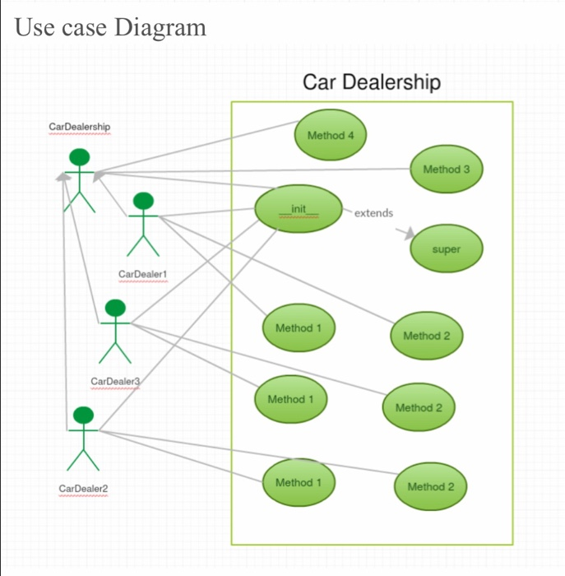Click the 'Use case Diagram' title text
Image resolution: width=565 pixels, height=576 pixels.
(110, 27)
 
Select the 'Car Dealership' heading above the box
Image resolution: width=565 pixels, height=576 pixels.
(371, 82)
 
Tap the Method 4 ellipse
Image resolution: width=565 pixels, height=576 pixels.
(330, 135)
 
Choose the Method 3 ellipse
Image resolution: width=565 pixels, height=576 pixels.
(446, 170)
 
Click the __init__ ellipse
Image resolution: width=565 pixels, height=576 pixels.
(298, 209)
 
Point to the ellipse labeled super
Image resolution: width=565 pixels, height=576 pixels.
(446, 249)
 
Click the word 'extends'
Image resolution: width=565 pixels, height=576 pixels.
(373, 213)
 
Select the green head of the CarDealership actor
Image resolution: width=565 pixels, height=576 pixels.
(79, 156)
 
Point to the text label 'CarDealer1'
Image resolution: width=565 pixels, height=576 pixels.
(143, 274)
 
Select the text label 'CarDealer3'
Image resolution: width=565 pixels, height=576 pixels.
(115, 382)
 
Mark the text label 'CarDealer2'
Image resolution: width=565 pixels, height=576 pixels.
(83, 489)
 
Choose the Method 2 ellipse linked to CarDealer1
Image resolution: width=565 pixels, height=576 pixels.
(426, 336)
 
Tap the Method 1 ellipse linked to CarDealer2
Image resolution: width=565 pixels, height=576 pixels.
(298, 483)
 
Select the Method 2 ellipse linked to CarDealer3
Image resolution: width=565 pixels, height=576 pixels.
(419, 408)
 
